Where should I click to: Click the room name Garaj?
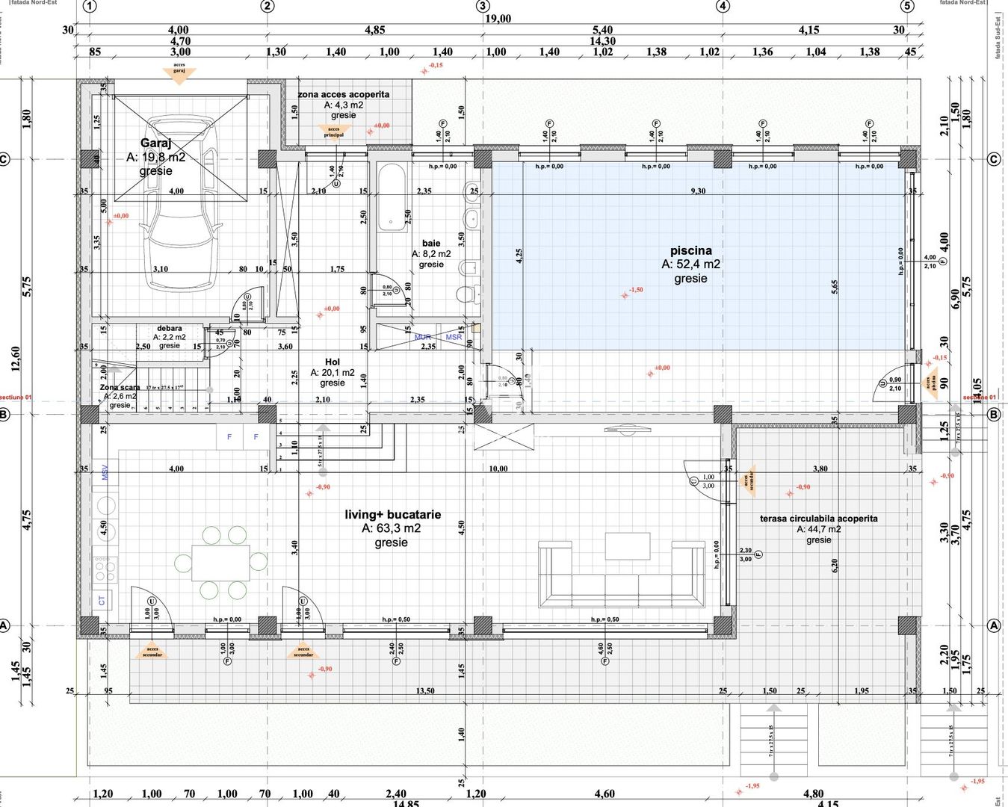point(155,143)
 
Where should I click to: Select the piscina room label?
point(690,251)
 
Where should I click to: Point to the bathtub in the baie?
point(392,198)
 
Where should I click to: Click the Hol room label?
point(333,362)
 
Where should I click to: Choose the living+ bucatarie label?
point(392,515)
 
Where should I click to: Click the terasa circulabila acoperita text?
point(818,519)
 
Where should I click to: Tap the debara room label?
point(169,328)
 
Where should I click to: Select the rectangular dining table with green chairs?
point(220,563)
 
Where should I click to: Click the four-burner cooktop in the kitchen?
point(105,569)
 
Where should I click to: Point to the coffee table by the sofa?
point(627,545)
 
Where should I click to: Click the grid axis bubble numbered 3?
point(483,7)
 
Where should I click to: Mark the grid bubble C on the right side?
point(993,159)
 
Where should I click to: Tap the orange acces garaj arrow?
point(179,73)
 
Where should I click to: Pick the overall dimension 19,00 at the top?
point(498,19)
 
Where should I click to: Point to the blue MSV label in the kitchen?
point(105,472)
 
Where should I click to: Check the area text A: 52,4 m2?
point(690,265)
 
